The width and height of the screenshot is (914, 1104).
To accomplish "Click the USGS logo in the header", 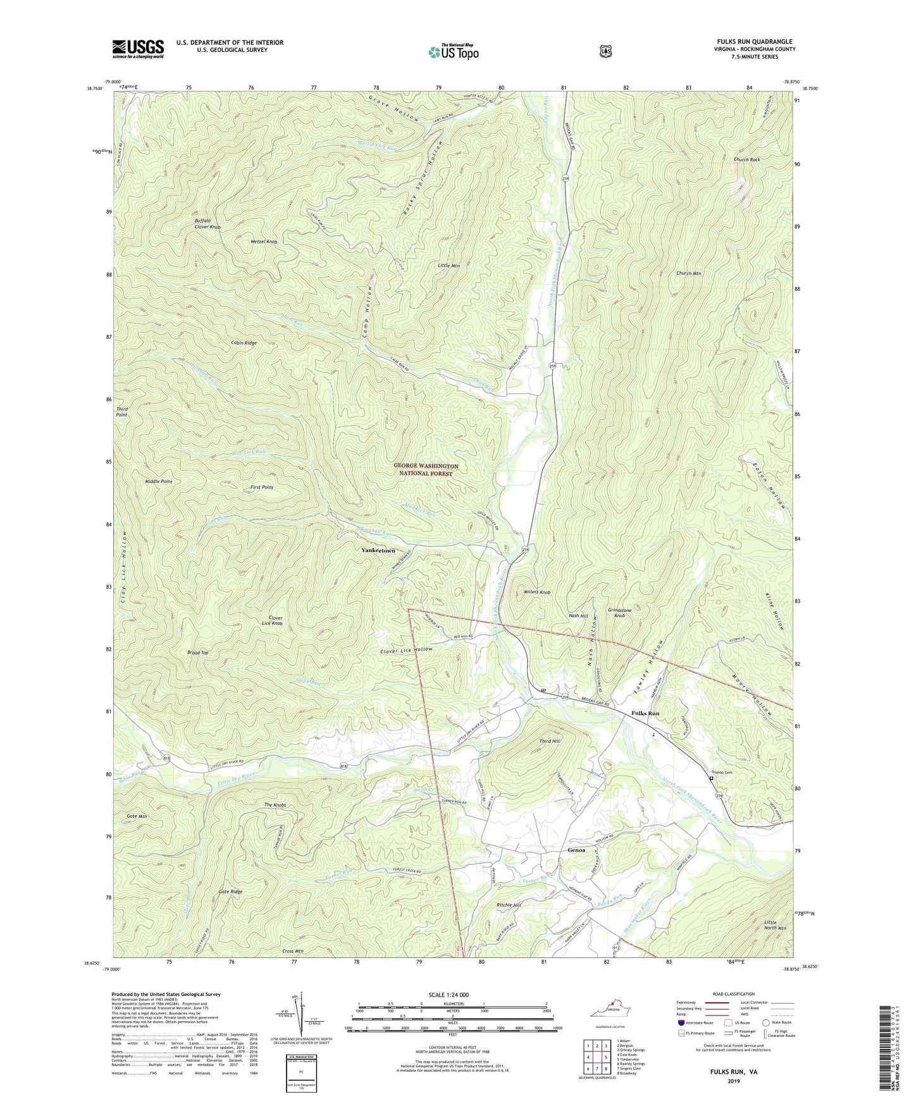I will pyautogui.click(x=138, y=49).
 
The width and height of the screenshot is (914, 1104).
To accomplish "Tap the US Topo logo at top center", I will pyautogui.click(x=453, y=52).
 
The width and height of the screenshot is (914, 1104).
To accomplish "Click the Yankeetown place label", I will pyautogui.click(x=378, y=550).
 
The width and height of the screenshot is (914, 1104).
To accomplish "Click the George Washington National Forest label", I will pyautogui.click(x=426, y=469).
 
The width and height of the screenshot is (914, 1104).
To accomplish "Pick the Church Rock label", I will pyautogui.click(x=746, y=159).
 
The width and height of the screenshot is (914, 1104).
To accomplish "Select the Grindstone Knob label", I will pyautogui.click(x=619, y=613).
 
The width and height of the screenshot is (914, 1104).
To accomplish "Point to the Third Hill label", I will pyautogui.click(x=549, y=740).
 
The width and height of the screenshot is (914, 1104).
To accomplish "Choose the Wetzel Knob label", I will pyautogui.click(x=263, y=242).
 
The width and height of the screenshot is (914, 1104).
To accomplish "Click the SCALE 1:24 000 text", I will pyautogui.click(x=452, y=995).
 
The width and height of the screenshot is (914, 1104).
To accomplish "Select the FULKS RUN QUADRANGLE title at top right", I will pyautogui.click(x=751, y=41).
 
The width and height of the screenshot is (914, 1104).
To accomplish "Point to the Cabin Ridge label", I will pyautogui.click(x=244, y=343).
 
